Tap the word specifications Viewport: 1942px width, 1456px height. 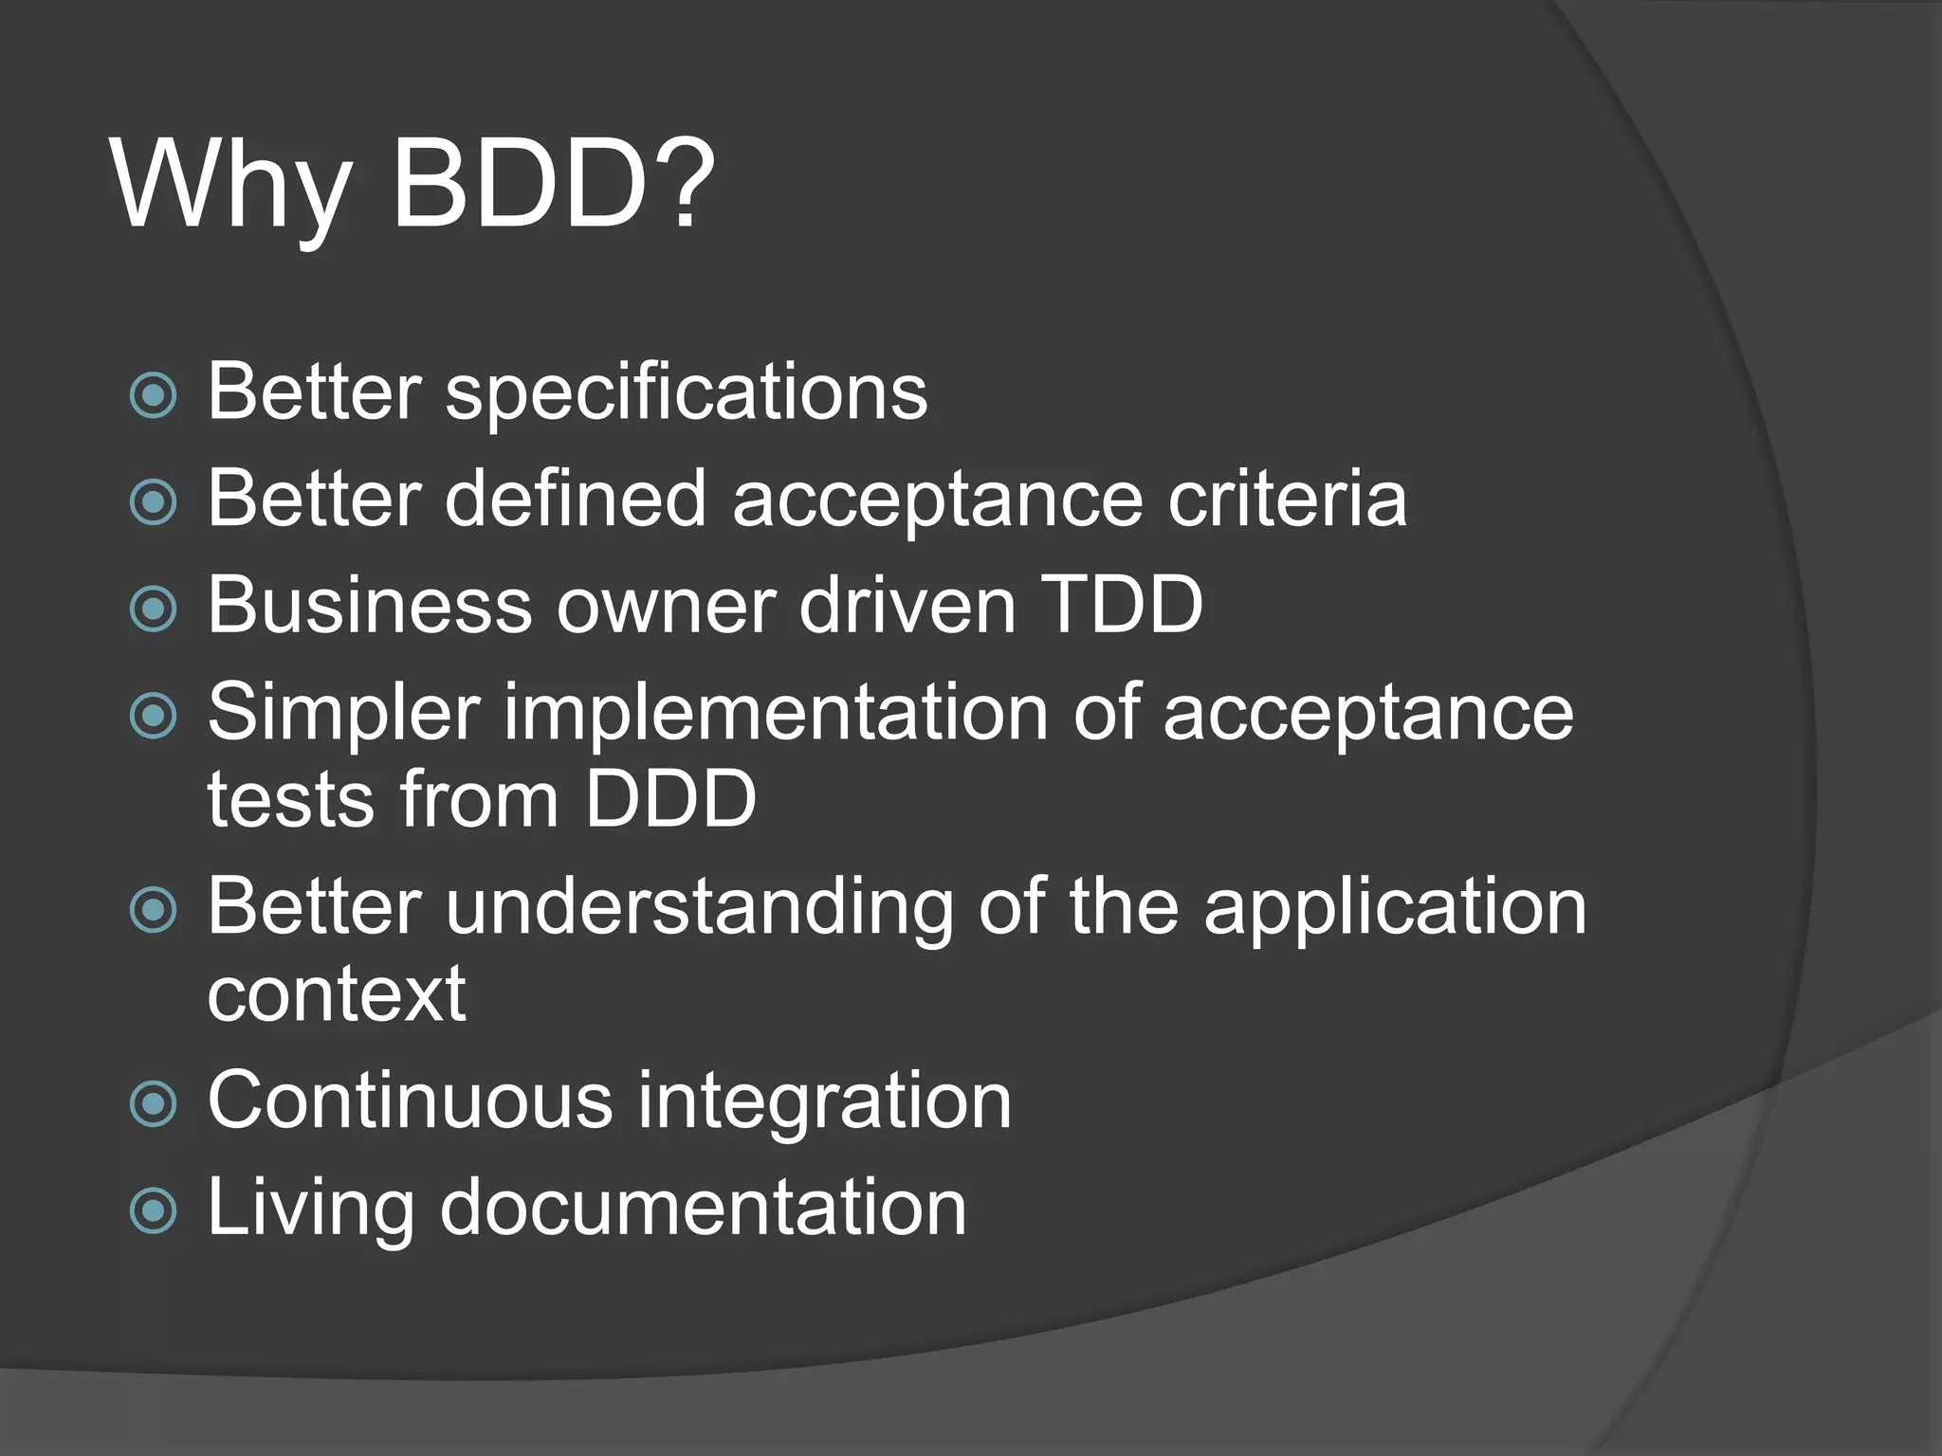[x=686, y=393]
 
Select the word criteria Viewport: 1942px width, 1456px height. [x=1287, y=500]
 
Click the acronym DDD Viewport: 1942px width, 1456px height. [x=669, y=799]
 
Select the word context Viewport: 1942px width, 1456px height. [x=337, y=994]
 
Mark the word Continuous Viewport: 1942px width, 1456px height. [x=410, y=1101]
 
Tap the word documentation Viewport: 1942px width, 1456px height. [x=703, y=1208]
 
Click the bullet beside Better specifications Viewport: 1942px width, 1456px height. [x=153, y=394]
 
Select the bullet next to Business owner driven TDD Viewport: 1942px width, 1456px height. [x=153, y=608]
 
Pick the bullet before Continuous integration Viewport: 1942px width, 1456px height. [x=153, y=1103]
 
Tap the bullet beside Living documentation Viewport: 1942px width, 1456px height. [x=153, y=1210]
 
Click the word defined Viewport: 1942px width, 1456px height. [x=575, y=499]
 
